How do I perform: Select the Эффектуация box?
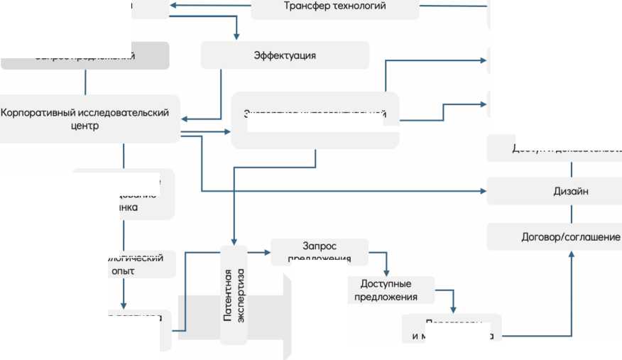pos(285,55)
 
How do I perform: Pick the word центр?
pos(84,126)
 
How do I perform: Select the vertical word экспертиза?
pos(241,295)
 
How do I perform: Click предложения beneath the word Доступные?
pos(386,297)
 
